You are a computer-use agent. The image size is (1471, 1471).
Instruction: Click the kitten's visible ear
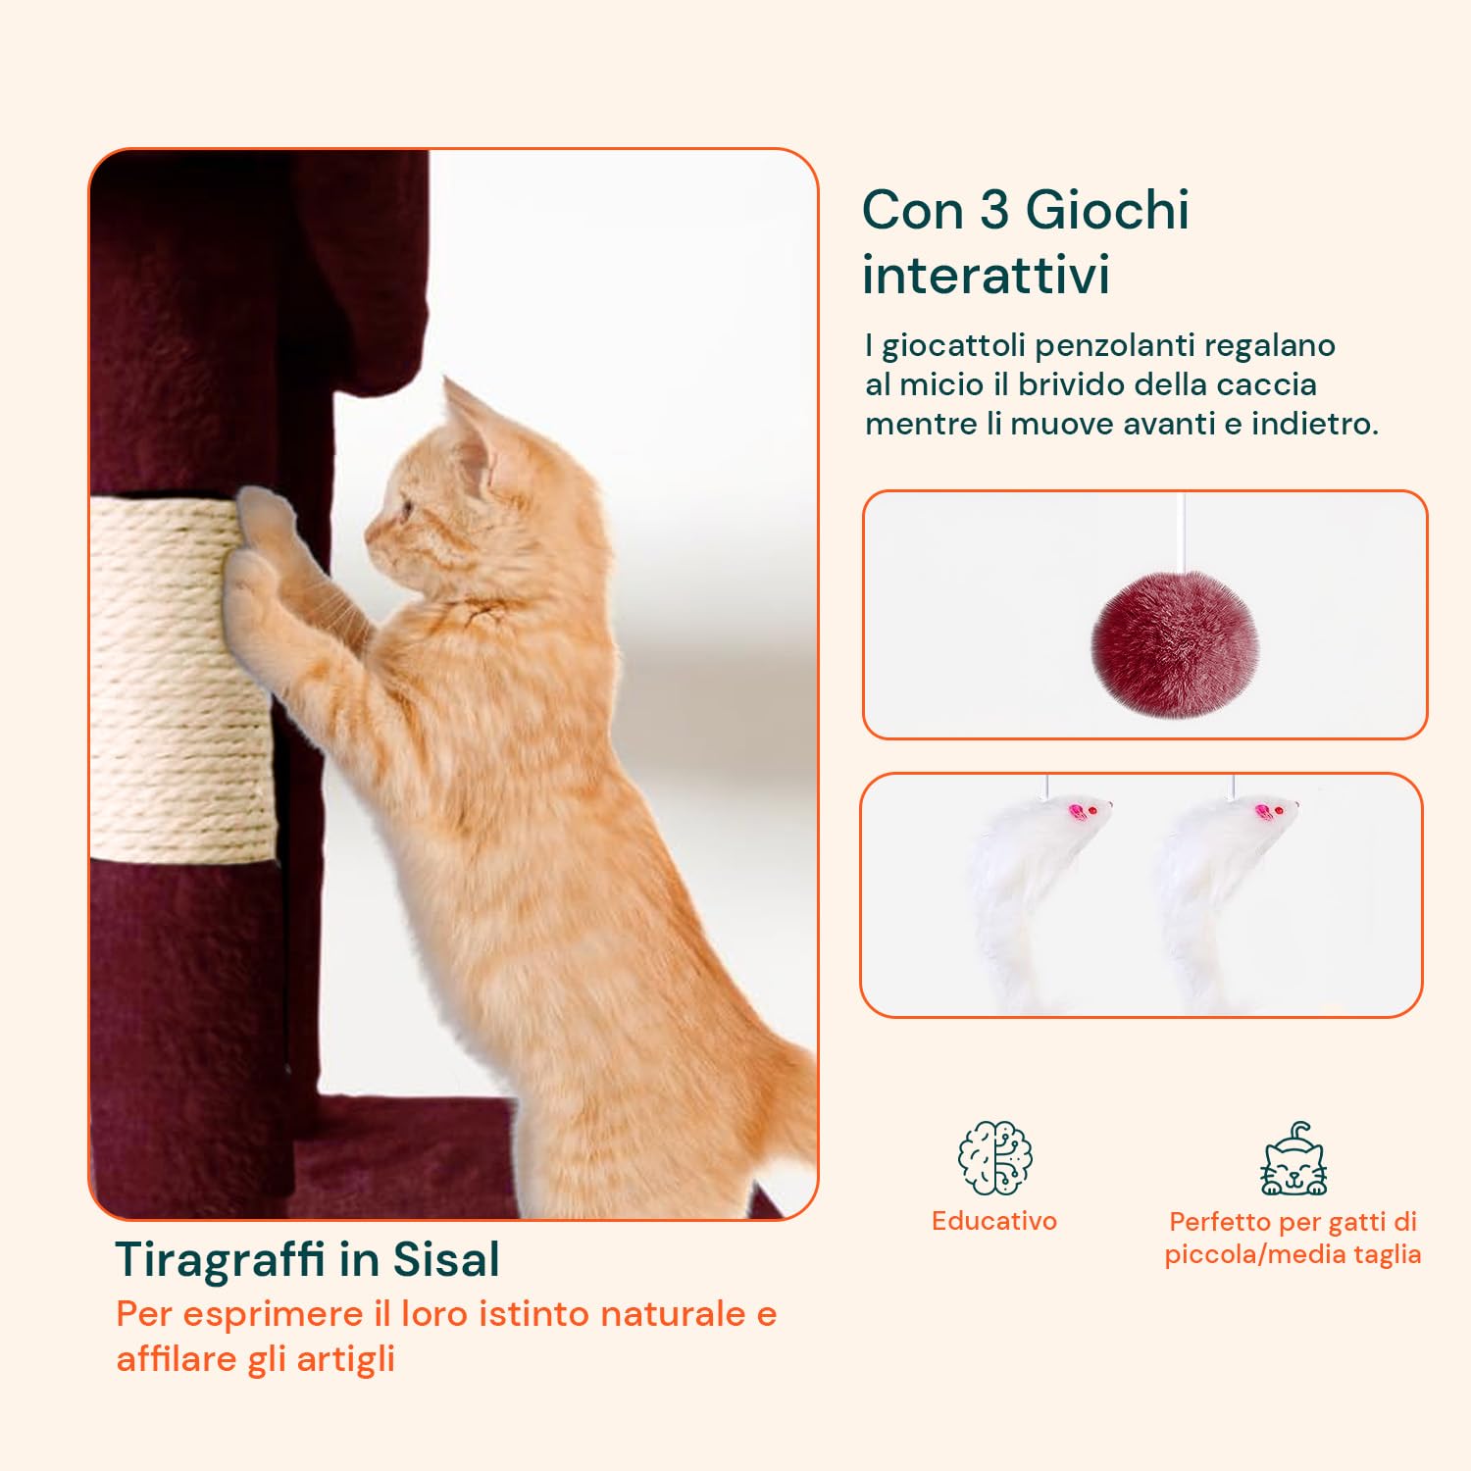(x=468, y=431)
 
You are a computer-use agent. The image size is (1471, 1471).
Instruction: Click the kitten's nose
(x=370, y=536)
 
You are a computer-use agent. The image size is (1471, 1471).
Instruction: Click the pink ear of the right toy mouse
(x=1263, y=812)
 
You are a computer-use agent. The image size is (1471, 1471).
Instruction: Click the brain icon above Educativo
(x=994, y=1158)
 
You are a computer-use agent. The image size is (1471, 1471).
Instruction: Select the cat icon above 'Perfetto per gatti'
(x=1293, y=1161)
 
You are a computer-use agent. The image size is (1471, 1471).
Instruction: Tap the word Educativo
(x=994, y=1221)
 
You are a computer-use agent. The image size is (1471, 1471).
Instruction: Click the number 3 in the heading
(x=994, y=210)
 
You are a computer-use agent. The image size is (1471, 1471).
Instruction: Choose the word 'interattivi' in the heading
(x=986, y=275)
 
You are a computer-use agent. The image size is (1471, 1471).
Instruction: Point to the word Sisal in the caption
(x=446, y=1260)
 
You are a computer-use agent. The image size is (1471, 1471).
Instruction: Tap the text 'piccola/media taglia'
(x=1293, y=1254)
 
